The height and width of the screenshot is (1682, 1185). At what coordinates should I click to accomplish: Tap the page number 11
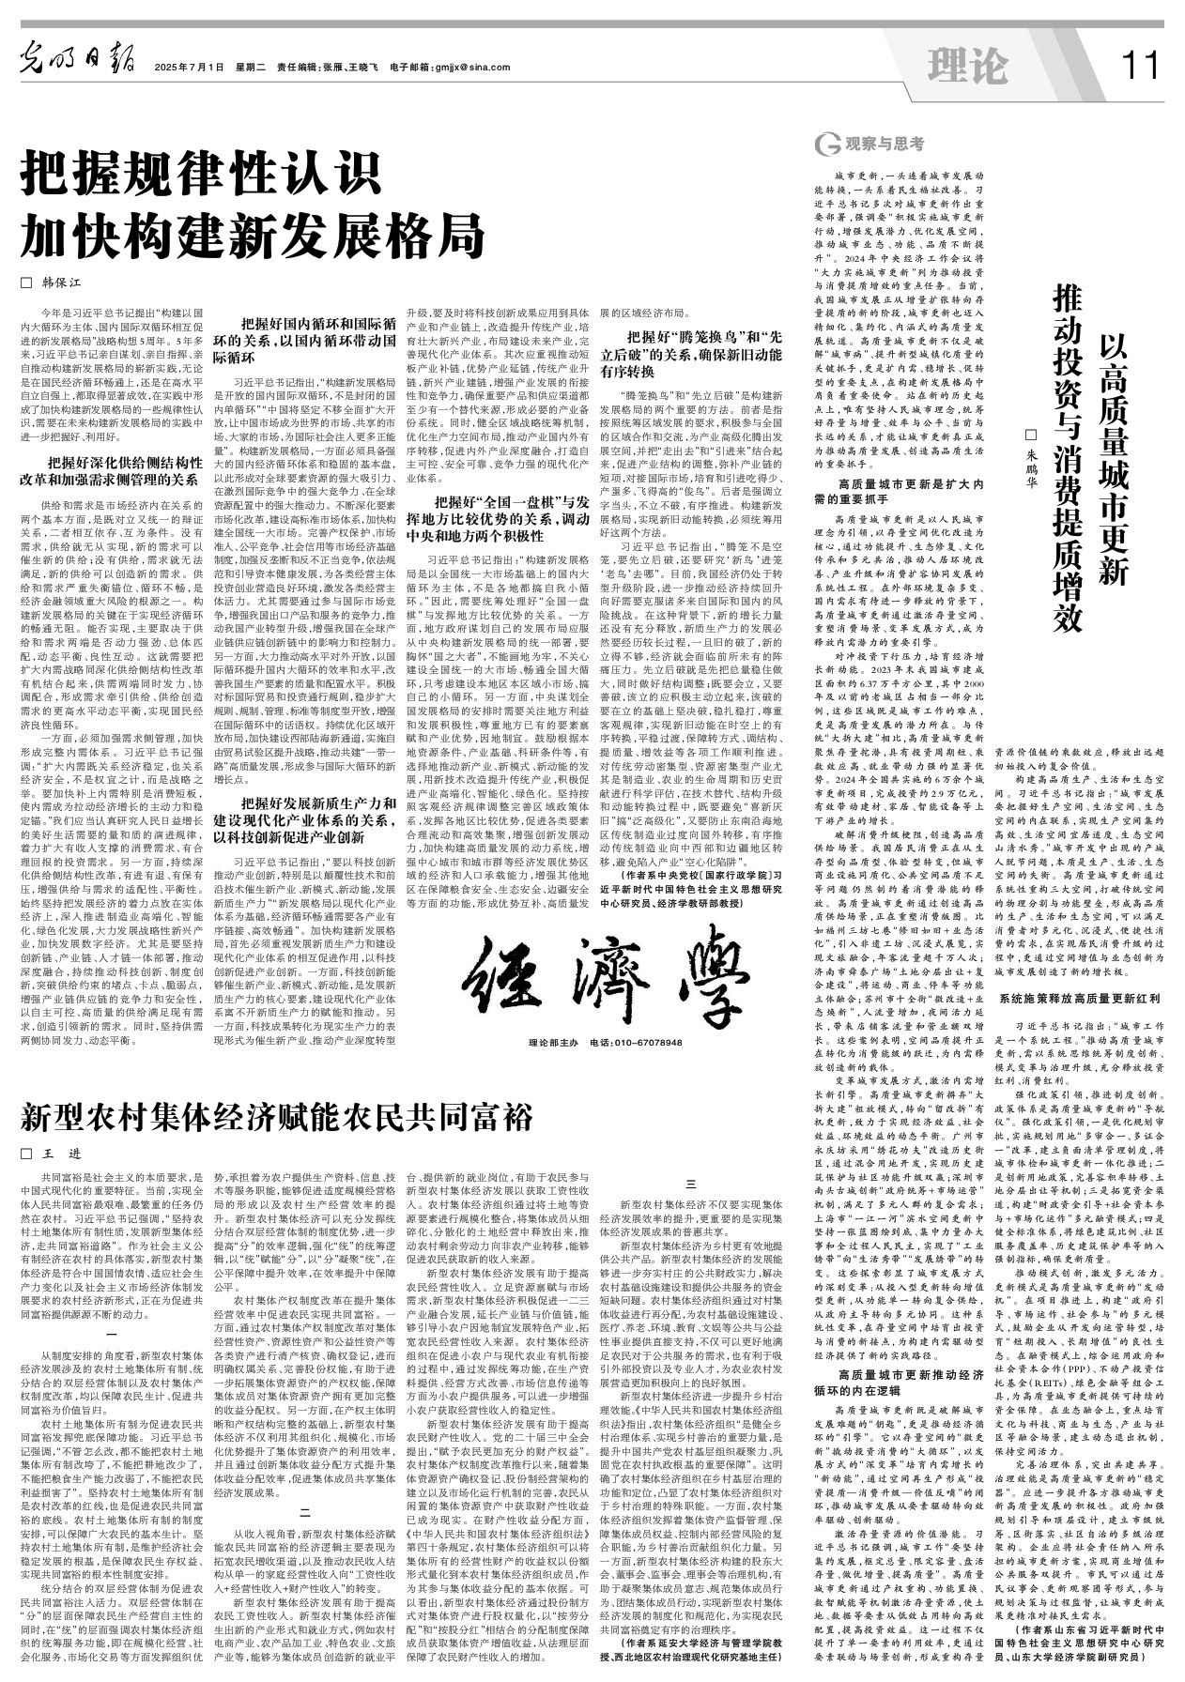pos(1140,66)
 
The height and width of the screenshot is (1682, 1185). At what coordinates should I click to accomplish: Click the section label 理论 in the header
pos(967,66)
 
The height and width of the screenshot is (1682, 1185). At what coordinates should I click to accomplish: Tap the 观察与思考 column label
pos(869,144)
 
